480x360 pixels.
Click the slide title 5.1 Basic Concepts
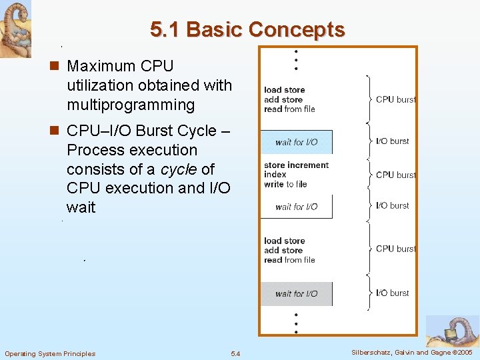(247, 30)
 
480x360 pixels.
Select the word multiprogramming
(131, 105)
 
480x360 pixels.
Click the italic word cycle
(179, 169)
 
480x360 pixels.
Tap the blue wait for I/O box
(296, 142)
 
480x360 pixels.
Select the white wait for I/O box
(296, 207)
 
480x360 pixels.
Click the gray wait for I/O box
(296, 293)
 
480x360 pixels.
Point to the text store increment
(296, 165)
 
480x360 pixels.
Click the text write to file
(285, 184)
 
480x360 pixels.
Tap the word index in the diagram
(275, 175)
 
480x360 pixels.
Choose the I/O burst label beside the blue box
(393, 141)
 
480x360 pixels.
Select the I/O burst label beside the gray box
(393, 293)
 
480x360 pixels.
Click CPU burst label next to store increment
(395, 175)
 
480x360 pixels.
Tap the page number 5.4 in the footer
(235, 353)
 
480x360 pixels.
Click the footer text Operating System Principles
(50, 353)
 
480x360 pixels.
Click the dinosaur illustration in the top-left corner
(15, 28)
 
